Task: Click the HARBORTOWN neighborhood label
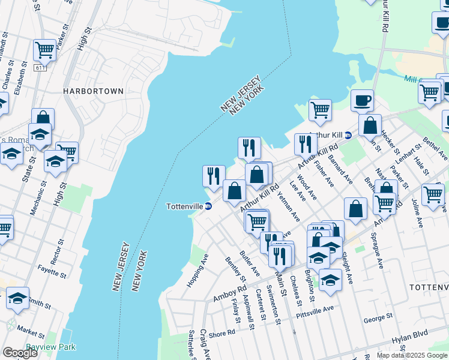(94, 91)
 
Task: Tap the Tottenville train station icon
(208, 206)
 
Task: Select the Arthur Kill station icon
(348, 136)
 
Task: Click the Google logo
(20, 353)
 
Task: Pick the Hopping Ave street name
(197, 271)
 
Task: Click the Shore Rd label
(221, 332)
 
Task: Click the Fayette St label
(51, 270)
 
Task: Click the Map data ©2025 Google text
(411, 355)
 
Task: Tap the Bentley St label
(235, 270)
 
